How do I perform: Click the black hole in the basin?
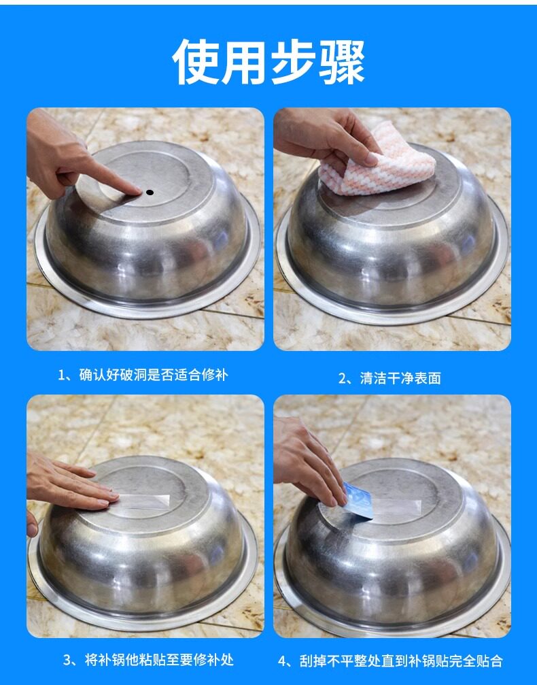tap(150, 193)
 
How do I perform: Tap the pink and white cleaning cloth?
tap(378, 163)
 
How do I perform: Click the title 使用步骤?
tap(268, 62)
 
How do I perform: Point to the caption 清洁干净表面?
tap(400, 378)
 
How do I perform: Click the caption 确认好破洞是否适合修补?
tap(154, 375)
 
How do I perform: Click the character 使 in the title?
tap(196, 62)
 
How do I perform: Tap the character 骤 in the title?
tap(342, 62)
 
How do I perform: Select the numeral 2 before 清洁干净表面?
tap(343, 378)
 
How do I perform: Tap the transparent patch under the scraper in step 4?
tap(395, 507)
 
